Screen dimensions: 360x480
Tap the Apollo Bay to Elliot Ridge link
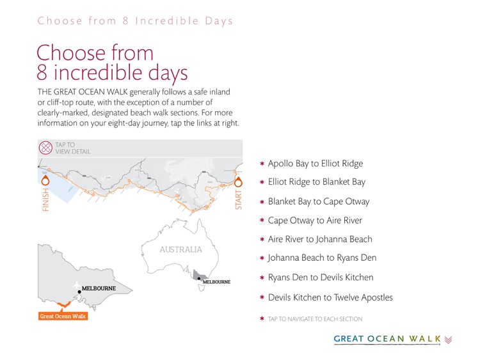click(x=315, y=164)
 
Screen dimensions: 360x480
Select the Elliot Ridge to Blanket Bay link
click(x=316, y=182)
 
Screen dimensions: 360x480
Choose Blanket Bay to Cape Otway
click(x=318, y=201)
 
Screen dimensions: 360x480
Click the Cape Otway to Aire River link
click(x=315, y=221)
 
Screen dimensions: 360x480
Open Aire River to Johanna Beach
click(x=319, y=239)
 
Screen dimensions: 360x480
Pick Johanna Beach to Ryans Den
click(x=322, y=258)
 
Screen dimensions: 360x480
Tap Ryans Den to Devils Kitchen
click(x=321, y=278)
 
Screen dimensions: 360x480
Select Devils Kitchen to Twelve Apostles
click(x=330, y=297)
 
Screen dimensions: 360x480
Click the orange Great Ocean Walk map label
click(x=63, y=316)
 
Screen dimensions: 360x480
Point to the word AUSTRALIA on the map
click(x=180, y=250)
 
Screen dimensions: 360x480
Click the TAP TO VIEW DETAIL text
click(x=72, y=148)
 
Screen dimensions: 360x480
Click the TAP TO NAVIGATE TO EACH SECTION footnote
click(x=315, y=318)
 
